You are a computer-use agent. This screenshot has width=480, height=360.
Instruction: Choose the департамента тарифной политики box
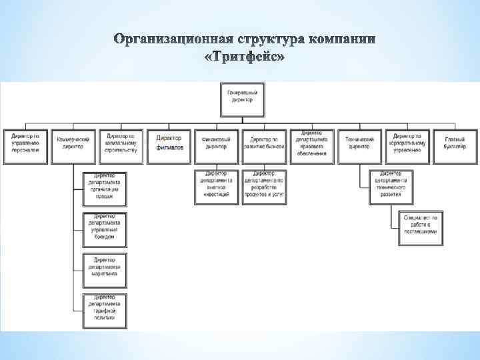[x=105, y=308]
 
